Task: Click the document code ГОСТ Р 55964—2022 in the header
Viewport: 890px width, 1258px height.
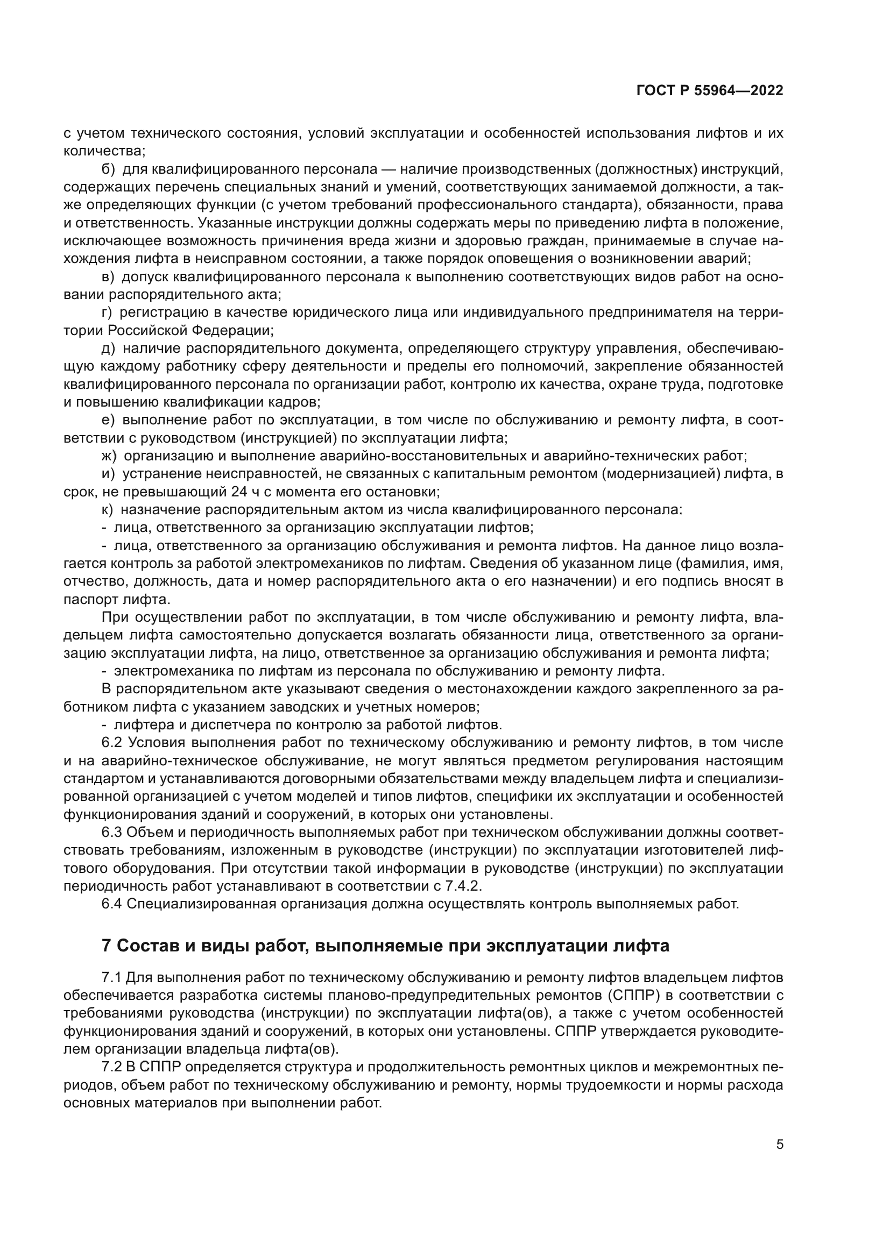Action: point(710,91)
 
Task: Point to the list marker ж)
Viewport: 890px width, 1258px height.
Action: point(110,456)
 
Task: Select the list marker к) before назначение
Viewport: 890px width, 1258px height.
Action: point(108,509)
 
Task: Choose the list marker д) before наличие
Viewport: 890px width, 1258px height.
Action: point(109,349)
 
